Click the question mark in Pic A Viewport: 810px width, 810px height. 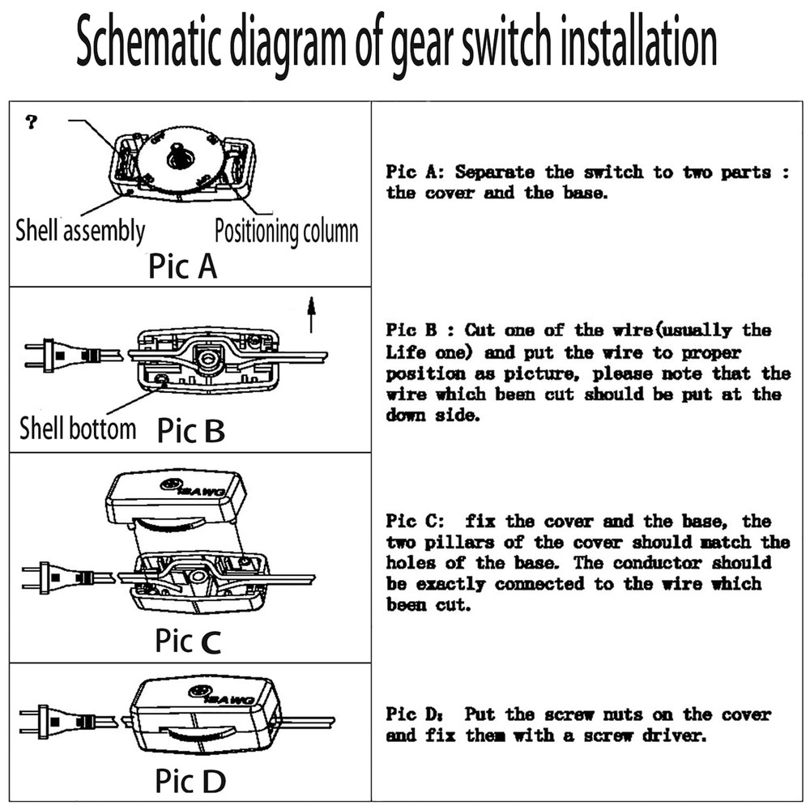point(32,123)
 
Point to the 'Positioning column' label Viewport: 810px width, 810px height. point(286,232)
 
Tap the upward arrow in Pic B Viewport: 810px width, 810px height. point(310,313)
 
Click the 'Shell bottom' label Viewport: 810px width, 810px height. point(78,428)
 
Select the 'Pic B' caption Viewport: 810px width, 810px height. point(191,430)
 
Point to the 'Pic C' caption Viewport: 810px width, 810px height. point(187,642)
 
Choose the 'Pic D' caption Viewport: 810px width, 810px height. point(190,782)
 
